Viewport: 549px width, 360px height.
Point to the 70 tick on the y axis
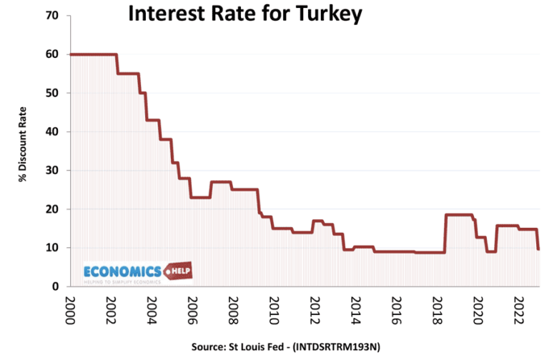pos(52,16)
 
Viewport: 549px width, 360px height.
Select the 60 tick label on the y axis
pos(52,54)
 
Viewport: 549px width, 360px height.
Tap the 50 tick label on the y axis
pos(52,93)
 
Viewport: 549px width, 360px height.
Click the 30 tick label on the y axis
pos(52,171)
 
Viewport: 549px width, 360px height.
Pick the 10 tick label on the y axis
pos(52,248)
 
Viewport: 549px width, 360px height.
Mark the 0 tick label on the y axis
pos(55,286)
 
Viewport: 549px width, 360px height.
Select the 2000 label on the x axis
pos(69,311)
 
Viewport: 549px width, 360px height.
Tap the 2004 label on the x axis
pos(151,311)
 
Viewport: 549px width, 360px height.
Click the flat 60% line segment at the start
pos(93,54)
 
